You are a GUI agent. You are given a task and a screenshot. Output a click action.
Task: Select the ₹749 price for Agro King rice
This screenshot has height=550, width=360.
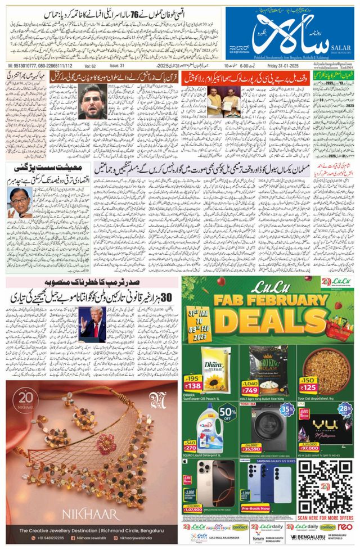coord(251,390)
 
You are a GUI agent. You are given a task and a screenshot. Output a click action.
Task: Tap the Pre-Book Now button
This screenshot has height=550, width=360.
coord(255,508)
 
